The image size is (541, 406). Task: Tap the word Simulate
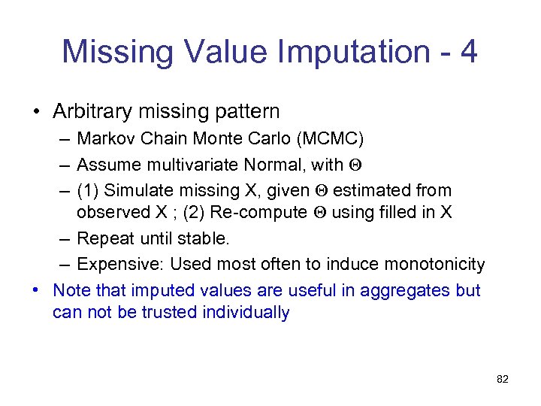138,189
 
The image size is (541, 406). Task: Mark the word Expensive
120,265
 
